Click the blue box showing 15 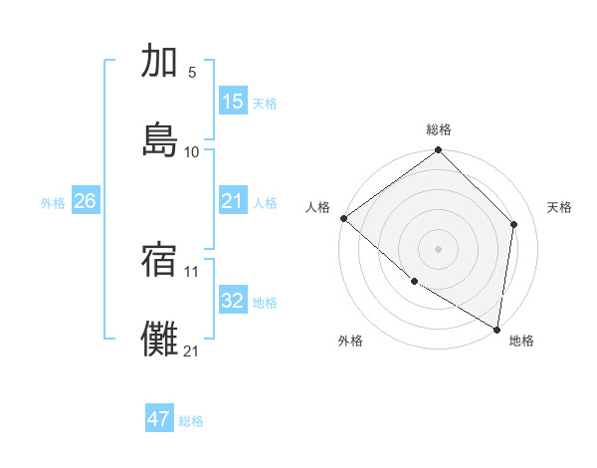pos(232,102)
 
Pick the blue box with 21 pos(232,201)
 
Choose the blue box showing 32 pos(232,301)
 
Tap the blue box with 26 pos(85,201)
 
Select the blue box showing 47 pos(159,419)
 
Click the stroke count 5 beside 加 pos(192,73)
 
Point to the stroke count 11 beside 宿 pos(192,271)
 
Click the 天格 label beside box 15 pos(265,104)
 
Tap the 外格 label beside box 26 pos(53,203)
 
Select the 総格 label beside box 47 pos(192,421)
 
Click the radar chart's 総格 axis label pos(439,129)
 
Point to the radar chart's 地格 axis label pos(521,341)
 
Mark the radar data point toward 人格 pos(343,218)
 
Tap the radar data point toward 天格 pos(514,224)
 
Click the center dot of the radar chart pos(439,248)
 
